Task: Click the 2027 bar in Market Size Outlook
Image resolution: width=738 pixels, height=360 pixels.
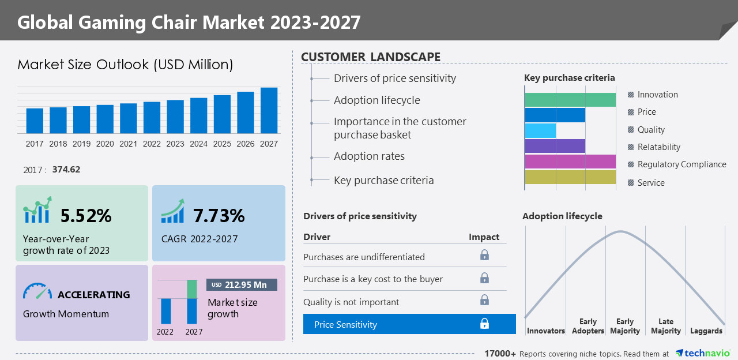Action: click(x=269, y=110)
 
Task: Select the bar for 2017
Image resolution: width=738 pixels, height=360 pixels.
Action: click(x=35, y=121)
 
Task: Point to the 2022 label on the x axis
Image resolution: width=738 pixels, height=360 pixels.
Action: click(x=152, y=144)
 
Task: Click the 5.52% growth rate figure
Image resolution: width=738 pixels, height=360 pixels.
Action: click(x=86, y=216)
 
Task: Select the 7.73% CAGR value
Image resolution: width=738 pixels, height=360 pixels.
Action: click(x=219, y=216)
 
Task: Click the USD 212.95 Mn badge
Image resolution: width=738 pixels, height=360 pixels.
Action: click(x=242, y=285)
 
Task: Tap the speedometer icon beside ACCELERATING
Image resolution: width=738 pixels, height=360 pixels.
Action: click(x=37, y=292)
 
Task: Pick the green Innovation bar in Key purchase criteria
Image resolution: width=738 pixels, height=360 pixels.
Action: click(x=570, y=100)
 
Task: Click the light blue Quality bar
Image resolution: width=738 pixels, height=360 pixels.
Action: click(x=540, y=130)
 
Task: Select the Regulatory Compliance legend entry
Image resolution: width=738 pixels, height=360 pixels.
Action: click(x=681, y=164)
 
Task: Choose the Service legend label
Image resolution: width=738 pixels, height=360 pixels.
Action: click(x=650, y=183)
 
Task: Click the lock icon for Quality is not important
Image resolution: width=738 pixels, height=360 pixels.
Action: click(x=484, y=300)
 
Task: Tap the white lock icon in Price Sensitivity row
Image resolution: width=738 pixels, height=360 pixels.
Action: click(x=484, y=324)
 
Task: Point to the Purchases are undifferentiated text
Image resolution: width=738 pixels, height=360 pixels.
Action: click(x=364, y=257)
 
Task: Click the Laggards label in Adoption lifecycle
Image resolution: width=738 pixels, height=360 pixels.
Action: click(x=706, y=331)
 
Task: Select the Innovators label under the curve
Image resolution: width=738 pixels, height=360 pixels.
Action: click(x=545, y=331)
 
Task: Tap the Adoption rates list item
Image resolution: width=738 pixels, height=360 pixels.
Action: click(x=369, y=156)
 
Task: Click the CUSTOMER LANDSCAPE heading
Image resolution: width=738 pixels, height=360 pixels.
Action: click(x=371, y=57)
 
